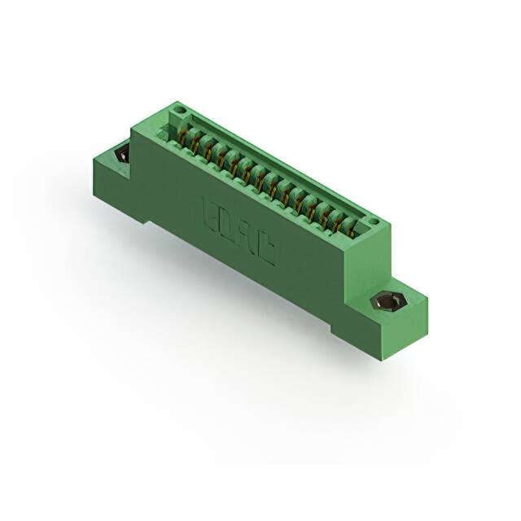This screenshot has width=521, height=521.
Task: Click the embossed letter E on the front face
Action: [208, 211]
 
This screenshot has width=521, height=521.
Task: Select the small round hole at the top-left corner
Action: [180, 112]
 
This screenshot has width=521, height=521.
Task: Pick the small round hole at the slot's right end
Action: [373, 221]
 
